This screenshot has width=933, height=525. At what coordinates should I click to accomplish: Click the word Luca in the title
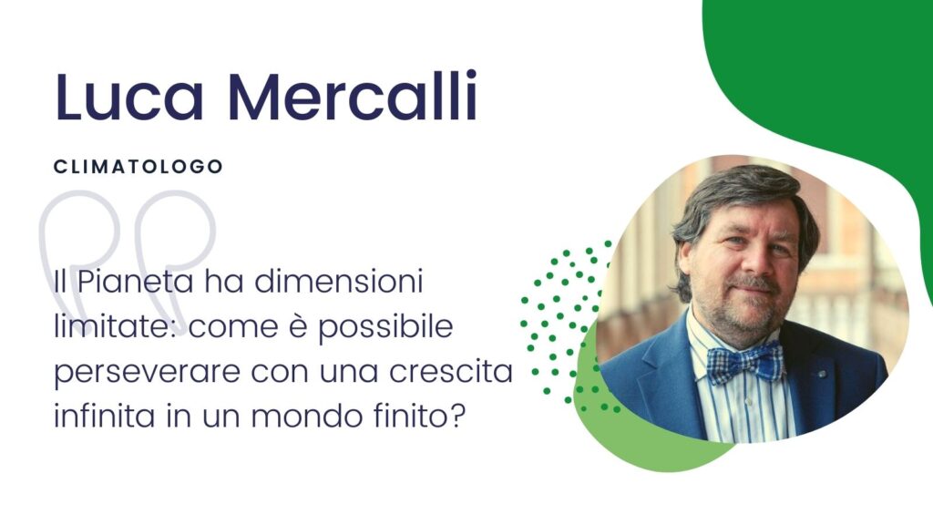129,96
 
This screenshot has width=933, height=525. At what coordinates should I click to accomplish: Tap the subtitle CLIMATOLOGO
138,167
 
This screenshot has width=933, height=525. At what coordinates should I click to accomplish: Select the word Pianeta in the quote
135,281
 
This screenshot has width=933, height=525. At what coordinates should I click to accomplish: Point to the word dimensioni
339,281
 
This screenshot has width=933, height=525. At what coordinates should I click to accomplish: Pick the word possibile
385,328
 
